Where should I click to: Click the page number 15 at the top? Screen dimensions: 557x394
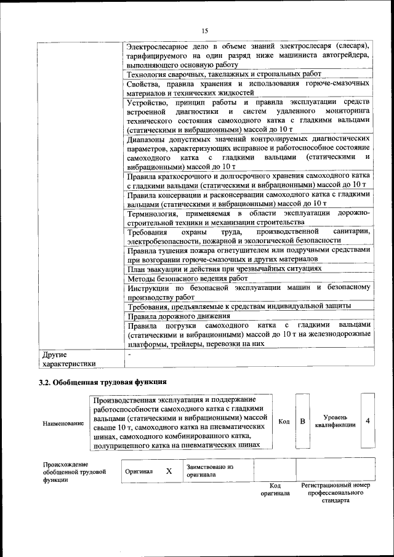click(205, 30)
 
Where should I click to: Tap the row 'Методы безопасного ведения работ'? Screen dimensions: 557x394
click(183, 279)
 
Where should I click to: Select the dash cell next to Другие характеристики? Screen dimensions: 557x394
click(129, 355)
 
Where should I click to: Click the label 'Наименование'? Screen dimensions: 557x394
click(63, 424)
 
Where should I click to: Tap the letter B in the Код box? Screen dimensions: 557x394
click(302, 422)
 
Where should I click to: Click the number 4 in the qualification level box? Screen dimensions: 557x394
click(368, 422)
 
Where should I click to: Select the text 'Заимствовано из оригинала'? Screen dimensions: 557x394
click(210, 471)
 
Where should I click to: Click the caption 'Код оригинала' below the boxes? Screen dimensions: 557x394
click(275, 490)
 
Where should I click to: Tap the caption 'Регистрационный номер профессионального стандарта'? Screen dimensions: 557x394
click(336, 493)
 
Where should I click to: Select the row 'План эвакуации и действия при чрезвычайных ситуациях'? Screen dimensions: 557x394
click(224, 269)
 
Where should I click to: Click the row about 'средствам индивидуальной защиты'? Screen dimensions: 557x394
click(239, 306)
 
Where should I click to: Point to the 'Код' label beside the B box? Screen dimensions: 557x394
click(284, 422)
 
